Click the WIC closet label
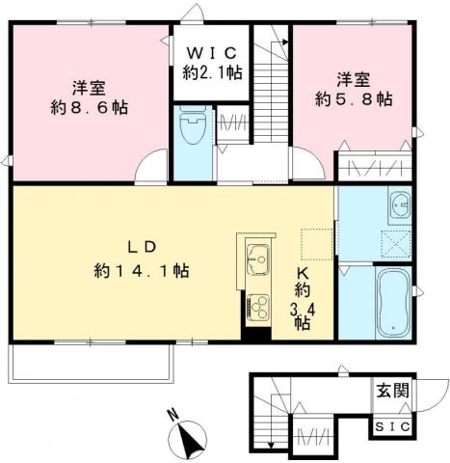[211, 50]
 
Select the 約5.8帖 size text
[355, 97]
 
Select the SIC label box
[391, 425]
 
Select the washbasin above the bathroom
[398, 204]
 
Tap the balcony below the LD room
[91, 362]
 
